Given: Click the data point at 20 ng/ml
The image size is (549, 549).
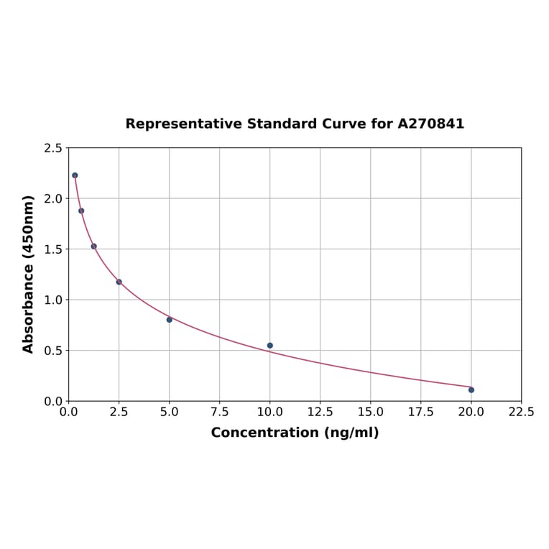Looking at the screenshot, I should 471,389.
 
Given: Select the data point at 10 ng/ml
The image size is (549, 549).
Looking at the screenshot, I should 270,346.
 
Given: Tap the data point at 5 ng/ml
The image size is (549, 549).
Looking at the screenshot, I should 170,320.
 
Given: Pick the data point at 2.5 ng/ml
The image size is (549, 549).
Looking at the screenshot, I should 119,282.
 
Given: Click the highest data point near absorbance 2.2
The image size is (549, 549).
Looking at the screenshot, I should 75,175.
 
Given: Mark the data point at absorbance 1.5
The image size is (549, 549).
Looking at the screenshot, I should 94,246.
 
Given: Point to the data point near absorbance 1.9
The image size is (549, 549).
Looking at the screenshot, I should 81,211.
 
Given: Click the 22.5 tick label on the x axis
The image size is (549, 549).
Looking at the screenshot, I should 521,412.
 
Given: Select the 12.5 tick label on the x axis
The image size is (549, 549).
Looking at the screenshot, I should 320,412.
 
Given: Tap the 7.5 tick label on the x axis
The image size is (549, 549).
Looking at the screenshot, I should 219,412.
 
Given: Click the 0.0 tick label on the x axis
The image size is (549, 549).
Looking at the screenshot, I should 69,412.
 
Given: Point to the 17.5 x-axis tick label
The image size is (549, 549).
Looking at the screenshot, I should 420,412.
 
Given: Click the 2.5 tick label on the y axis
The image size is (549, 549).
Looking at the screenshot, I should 53,148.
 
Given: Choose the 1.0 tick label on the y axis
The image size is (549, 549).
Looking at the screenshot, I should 53,300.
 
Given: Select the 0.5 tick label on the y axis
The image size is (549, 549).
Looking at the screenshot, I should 53,351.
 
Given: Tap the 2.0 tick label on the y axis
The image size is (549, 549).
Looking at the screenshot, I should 53,198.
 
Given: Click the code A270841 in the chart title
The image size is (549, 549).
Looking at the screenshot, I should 430,124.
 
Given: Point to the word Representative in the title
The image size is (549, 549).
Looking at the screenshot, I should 184,124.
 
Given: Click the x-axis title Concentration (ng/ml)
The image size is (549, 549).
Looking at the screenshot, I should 295,433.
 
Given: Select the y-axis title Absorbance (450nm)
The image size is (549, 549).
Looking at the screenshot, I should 29,274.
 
